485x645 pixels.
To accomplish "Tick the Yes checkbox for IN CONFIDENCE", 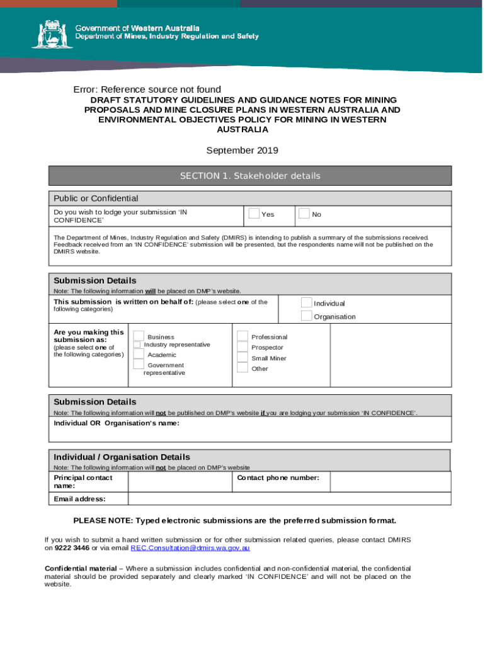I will tap(254, 214).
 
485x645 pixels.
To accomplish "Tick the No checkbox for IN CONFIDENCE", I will tap(304, 214).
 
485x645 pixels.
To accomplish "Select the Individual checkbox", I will tap(307, 303).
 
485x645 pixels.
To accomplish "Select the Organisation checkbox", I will tap(307, 316).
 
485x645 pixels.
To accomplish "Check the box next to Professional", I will tap(243, 336).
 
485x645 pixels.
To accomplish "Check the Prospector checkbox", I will tap(243, 347).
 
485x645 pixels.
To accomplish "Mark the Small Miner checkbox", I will tap(243, 358).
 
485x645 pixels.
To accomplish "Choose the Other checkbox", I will tap(243, 368).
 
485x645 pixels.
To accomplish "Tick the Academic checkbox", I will tap(139, 355).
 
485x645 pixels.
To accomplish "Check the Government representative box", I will tap(139, 365).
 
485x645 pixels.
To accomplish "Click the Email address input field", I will tap(289, 499).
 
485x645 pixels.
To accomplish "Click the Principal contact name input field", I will tap(180, 482).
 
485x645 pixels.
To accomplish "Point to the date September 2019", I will tap(243, 150).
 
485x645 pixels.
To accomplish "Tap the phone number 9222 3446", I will tap(71, 548).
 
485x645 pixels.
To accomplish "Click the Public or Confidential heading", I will tap(96, 198).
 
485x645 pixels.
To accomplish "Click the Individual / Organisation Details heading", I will tap(122, 457).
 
